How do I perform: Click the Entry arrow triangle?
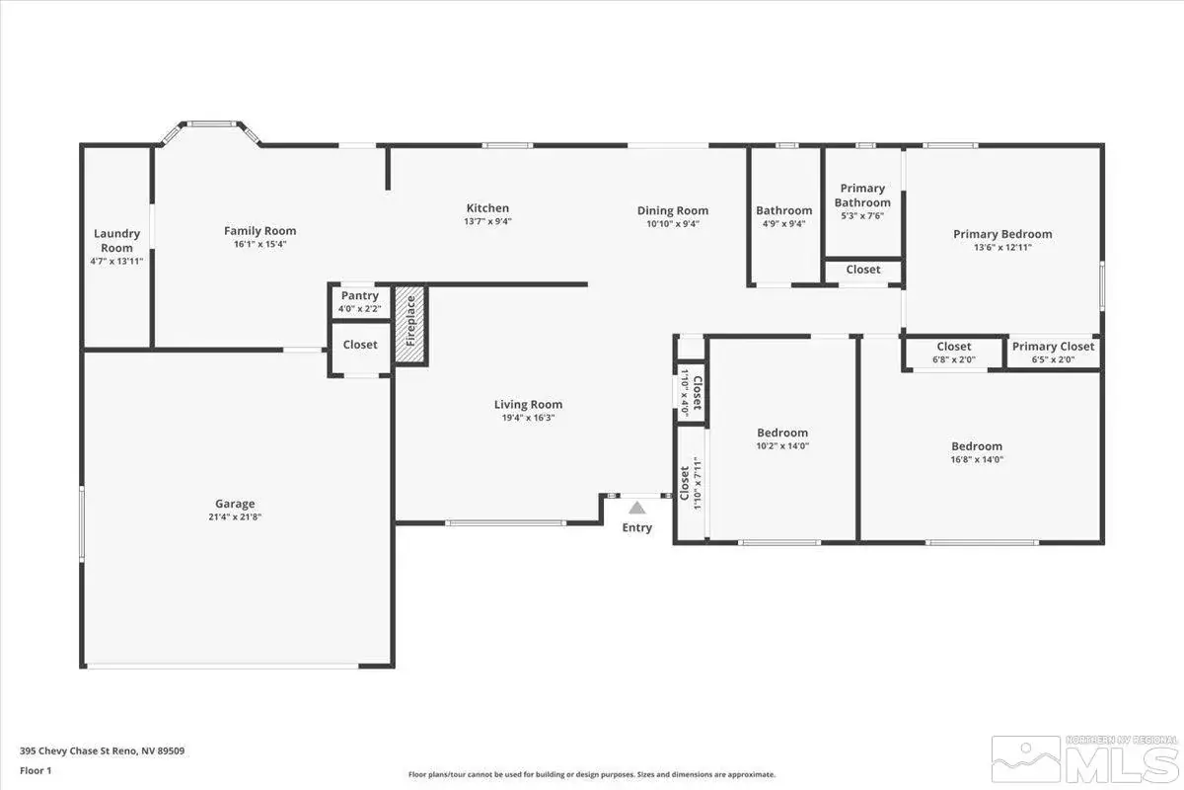637,508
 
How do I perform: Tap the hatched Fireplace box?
410,325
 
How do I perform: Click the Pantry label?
360,296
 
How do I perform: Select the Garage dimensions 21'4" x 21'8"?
235,517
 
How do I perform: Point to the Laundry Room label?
116,241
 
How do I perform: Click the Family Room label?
260,231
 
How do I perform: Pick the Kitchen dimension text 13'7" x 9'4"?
487,221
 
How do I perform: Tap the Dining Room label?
673,210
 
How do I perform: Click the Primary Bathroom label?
862,196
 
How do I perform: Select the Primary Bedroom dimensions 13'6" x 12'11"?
1002,247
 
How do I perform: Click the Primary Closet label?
1053,347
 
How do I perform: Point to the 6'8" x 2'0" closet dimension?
954,359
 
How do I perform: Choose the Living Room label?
528,405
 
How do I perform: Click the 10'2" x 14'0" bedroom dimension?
782,446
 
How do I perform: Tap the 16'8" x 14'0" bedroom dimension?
977,460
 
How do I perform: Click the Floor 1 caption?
36,770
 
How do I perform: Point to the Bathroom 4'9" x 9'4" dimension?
783,224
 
